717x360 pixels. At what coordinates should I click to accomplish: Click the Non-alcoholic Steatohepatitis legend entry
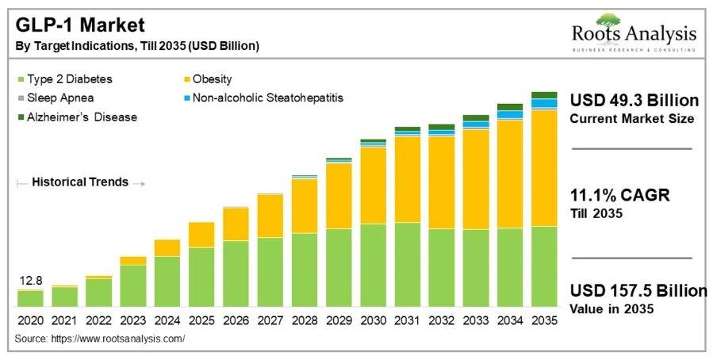pos(262,98)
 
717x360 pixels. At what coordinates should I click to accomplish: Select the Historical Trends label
pos(79,182)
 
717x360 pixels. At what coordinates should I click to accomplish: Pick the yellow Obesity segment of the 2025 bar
pos(201,235)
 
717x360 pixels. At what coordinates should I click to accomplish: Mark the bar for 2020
pos(30,298)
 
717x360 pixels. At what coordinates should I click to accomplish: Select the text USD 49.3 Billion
pos(635,101)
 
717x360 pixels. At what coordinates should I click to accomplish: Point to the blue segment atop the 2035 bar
pos(543,103)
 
